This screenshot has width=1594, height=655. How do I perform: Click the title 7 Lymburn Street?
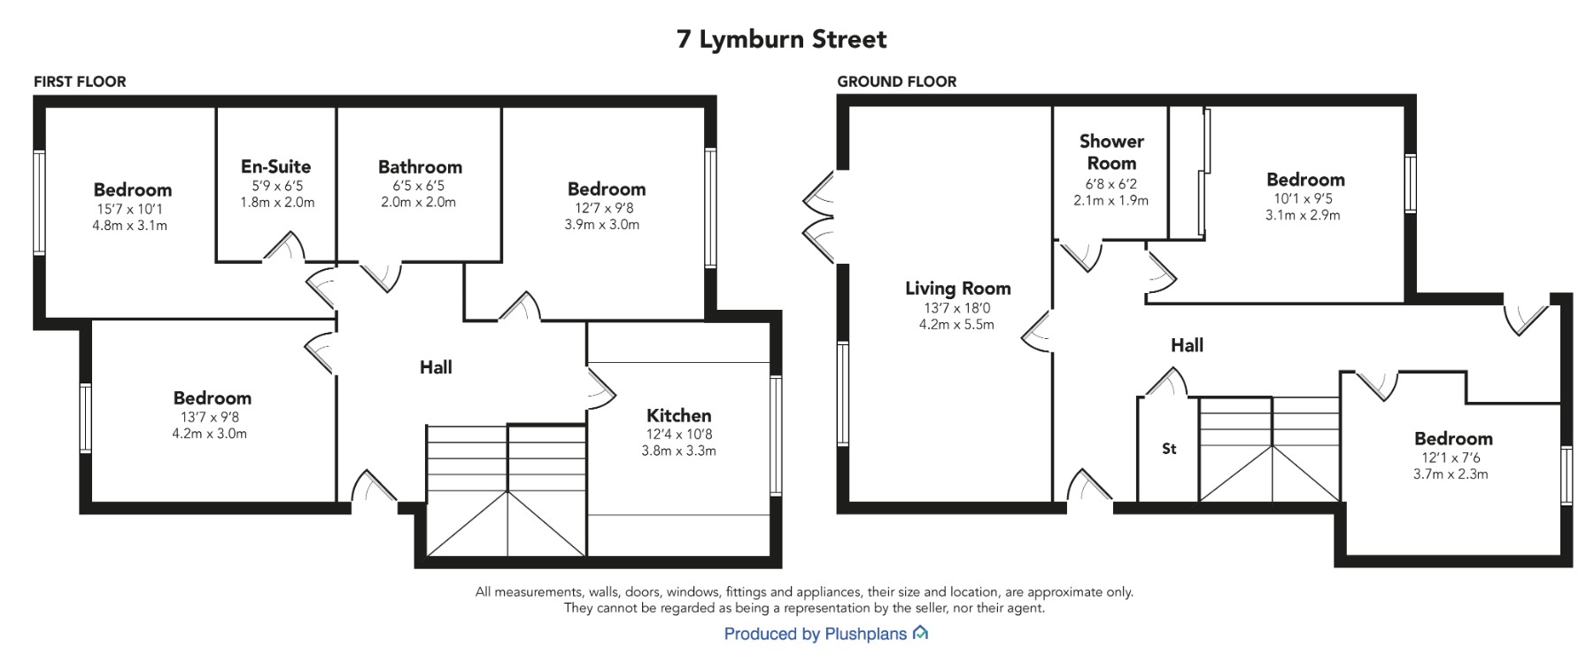[781, 40]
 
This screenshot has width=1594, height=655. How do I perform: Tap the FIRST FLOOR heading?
[80, 81]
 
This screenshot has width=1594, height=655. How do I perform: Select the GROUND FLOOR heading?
[897, 81]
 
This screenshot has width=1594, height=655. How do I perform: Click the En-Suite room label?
[276, 166]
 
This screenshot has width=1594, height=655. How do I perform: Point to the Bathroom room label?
[420, 167]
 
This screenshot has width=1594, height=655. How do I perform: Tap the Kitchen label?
[679, 415]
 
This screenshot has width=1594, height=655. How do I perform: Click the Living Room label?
[957, 289]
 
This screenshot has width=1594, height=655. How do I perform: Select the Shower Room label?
[1111, 152]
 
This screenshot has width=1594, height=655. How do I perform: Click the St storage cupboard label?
[1169, 449]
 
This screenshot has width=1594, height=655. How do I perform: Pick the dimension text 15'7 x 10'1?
[129, 209]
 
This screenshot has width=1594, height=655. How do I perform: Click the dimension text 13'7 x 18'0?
[956, 308]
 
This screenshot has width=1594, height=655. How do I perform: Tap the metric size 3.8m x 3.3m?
[679, 451]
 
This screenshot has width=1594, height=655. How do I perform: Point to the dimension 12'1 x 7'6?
[1451, 458]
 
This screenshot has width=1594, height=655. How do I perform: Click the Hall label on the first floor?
[436, 367]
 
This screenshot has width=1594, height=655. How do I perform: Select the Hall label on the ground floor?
[1187, 345]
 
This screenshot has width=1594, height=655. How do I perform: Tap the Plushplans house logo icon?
[920, 633]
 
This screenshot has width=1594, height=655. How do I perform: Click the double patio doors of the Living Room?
[820, 218]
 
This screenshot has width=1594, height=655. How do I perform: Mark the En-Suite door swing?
[283, 247]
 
